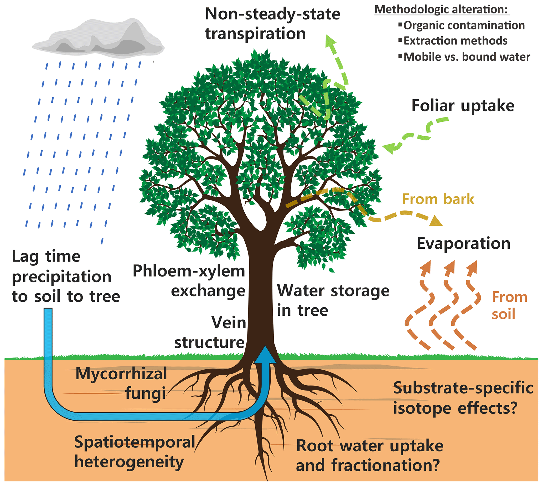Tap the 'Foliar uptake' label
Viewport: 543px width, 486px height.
[x=463, y=106]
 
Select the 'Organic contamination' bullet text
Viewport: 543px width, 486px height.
[x=464, y=26]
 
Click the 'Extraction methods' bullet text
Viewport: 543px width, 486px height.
[x=455, y=41]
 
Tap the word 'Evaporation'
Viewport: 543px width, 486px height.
[x=463, y=244]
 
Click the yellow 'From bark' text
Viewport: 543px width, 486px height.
[x=438, y=199]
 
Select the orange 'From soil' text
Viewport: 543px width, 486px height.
[x=509, y=305]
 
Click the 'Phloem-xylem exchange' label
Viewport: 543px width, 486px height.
[x=189, y=281]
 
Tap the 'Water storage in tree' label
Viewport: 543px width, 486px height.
[x=333, y=300]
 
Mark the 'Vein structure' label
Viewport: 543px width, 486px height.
[x=210, y=332]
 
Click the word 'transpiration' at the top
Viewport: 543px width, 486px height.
[x=255, y=34]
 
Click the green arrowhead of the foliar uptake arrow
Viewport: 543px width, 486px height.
[x=390, y=148]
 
